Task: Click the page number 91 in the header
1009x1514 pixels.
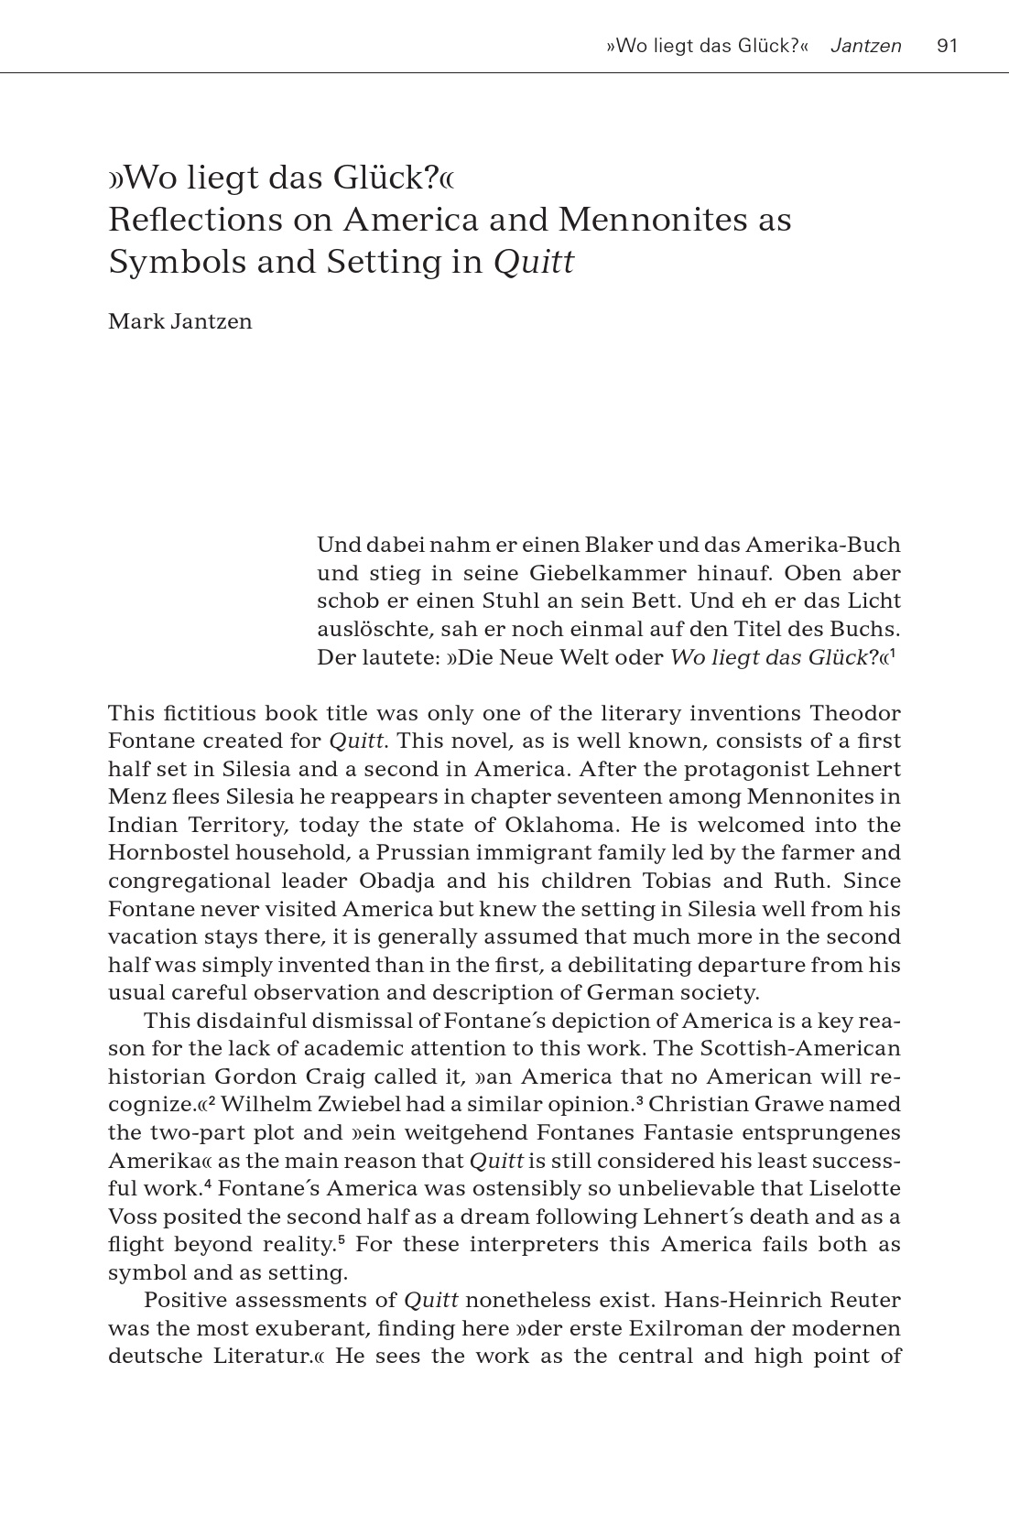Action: click(x=947, y=46)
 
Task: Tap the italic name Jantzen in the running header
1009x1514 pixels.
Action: click(x=865, y=46)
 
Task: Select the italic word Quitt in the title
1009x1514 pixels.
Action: click(x=534, y=263)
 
